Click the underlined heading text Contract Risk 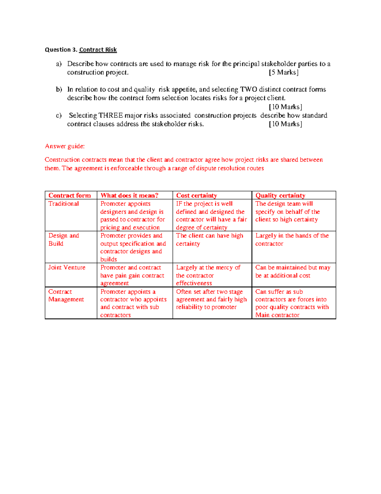click(x=98, y=50)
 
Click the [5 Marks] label click(x=284, y=73)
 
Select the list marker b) click(x=59, y=89)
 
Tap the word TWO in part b click(x=249, y=89)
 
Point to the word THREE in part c click(x=110, y=115)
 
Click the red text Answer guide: click(x=65, y=146)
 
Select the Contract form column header click(x=70, y=195)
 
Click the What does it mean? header click(x=129, y=195)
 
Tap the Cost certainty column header click(x=197, y=195)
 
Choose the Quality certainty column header click(x=280, y=195)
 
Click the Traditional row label click(x=63, y=204)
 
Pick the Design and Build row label click(x=63, y=240)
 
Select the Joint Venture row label click(x=67, y=268)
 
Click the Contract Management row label click(x=66, y=296)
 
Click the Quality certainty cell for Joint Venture click(x=293, y=271)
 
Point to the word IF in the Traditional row click(x=179, y=204)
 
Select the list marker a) click(x=59, y=64)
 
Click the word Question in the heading click(x=58, y=50)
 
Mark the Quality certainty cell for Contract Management click(x=292, y=303)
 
